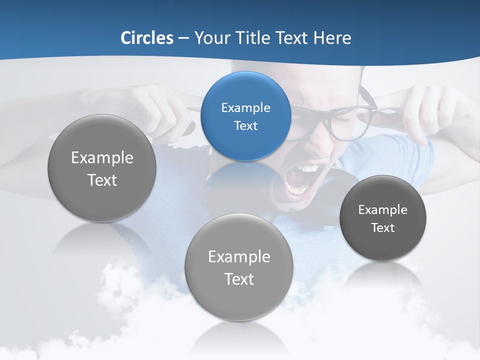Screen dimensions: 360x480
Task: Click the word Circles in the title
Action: coord(146,38)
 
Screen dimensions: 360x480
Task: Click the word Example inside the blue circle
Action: coord(245,107)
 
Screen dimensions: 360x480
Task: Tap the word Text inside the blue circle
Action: coord(245,125)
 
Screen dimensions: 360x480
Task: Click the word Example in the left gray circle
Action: coord(102,158)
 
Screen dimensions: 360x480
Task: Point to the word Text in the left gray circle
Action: coord(102,180)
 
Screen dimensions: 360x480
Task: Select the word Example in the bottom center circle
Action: coord(239,257)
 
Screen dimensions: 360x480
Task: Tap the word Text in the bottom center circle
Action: coord(239,279)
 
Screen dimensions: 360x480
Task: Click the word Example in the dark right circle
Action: coord(383,209)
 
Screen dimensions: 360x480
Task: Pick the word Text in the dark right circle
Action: coord(383,228)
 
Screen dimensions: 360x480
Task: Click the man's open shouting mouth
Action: coord(298,180)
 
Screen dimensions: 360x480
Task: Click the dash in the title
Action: coord(183,38)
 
